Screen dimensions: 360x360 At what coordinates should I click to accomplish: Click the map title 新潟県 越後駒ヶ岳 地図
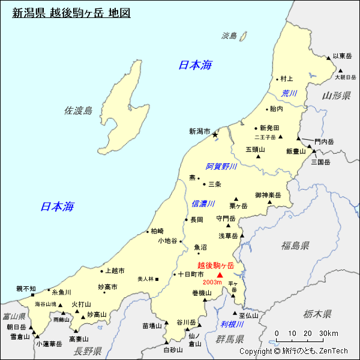click(x=71, y=12)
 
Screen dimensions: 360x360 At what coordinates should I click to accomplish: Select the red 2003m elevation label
click(x=212, y=282)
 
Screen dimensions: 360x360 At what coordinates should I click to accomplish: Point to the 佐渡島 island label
click(x=79, y=110)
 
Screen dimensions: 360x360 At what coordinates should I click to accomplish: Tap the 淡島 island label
click(x=229, y=36)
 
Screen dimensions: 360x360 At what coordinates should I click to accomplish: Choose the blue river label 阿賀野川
click(x=221, y=166)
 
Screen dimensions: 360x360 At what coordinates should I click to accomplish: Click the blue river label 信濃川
click(x=203, y=204)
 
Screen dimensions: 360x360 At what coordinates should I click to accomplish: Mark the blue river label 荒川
click(x=290, y=94)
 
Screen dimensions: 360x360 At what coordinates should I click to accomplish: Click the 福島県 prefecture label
click(x=295, y=245)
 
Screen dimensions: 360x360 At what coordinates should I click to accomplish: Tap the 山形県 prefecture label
click(x=336, y=96)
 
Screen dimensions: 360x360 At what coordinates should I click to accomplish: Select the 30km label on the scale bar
click(x=329, y=334)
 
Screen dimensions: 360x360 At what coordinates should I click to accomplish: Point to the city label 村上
click(x=286, y=79)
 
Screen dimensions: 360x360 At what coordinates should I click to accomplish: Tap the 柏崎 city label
click(x=157, y=231)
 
